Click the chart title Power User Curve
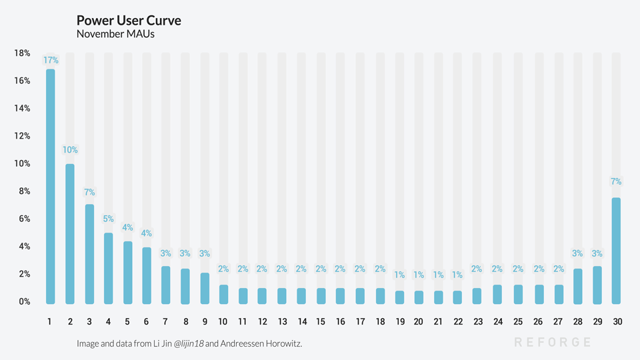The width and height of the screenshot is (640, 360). [129, 21]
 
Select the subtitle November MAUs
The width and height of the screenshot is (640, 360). [117, 34]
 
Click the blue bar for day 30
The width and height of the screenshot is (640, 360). [617, 250]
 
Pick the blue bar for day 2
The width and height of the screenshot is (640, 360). [69, 233]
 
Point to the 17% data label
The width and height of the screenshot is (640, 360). [51, 60]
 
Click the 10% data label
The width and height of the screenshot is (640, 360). [70, 150]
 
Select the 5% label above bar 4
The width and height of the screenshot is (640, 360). [108, 219]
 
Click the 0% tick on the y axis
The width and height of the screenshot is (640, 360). [23, 301]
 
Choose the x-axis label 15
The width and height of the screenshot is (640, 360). [321, 322]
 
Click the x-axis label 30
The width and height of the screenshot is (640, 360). [617, 322]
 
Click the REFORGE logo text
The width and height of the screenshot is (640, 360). [553, 342]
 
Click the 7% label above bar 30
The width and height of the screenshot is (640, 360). [616, 181]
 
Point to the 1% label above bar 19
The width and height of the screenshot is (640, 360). [400, 275]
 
